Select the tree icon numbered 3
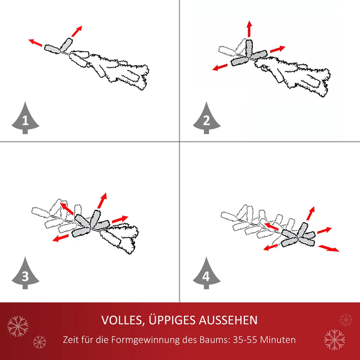pos(25,274)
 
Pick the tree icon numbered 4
pos(206,274)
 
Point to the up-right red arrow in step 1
pos(76,31)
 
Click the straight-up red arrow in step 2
pos(249,29)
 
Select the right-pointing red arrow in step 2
pos(278,49)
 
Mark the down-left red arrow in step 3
pos(60,238)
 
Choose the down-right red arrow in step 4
pos(329,248)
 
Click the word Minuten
pos(280,340)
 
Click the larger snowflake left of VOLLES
pos(18,326)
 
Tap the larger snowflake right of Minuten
pos(334,340)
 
